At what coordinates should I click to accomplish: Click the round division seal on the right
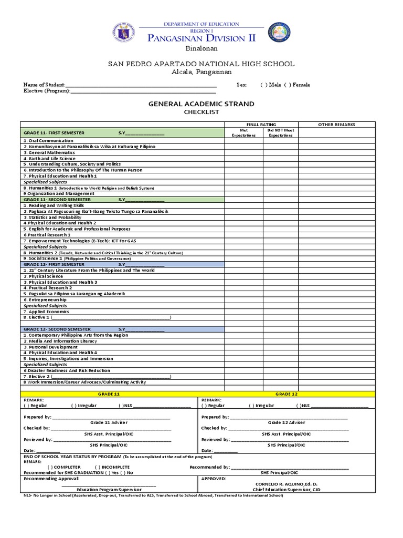[279, 32]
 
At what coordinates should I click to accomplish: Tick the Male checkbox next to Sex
[263, 85]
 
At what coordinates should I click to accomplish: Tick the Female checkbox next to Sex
[287, 85]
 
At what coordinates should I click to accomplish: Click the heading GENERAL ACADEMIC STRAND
[201, 104]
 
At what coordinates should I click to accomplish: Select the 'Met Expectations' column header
[243, 133]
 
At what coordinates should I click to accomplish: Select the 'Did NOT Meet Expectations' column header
[281, 133]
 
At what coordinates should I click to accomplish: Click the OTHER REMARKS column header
[337, 125]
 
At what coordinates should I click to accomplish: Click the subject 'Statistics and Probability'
[52, 217]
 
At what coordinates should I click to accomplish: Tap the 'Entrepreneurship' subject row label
[45, 299]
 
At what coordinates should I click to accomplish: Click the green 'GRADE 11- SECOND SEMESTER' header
[57, 200]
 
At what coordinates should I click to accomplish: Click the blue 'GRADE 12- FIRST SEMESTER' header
[55, 264]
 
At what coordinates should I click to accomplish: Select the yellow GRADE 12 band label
[287, 394]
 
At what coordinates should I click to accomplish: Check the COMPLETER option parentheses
[50, 467]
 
